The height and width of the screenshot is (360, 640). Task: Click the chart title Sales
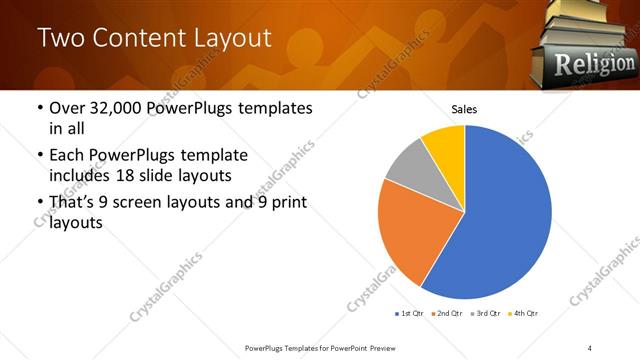click(x=464, y=108)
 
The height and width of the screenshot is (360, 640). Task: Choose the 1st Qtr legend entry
click(x=410, y=314)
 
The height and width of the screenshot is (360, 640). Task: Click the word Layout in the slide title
click(x=226, y=38)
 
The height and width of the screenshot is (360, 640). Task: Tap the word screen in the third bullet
click(x=138, y=203)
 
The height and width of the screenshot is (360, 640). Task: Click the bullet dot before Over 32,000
click(x=39, y=108)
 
